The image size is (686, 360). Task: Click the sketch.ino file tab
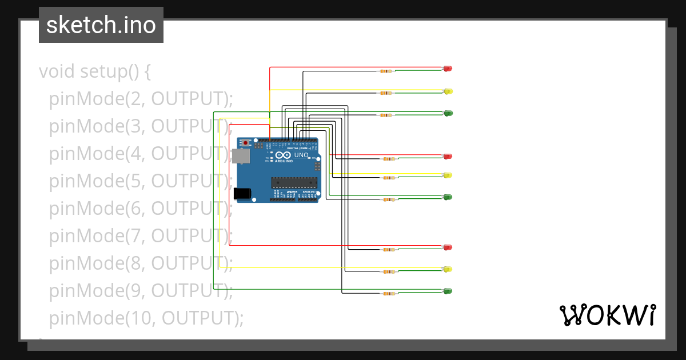tap(101, 25)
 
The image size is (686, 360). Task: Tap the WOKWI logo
tap(607, 315)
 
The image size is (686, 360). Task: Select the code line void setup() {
tap(95, 71)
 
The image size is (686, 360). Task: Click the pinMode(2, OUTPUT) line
tap(141, 99)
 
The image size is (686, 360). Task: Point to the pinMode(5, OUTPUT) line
tap(141, 181)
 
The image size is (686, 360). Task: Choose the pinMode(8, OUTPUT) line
tap(141, 263)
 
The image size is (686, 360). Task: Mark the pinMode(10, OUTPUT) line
tap(146, 318)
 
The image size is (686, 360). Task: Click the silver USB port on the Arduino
tap(242, 155)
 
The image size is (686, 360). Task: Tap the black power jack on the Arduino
tap(244, 194)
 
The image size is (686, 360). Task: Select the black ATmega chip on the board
tap(294, 182)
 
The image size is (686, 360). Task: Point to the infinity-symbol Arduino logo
tap(284, 155)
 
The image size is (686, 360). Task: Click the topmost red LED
tap(448, 69)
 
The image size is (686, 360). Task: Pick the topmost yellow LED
tap(448, 91)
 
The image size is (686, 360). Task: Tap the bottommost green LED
tap(448, 291)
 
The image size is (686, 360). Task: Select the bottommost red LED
tap(448, 247)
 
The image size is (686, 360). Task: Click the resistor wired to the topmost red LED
tap(386, 71)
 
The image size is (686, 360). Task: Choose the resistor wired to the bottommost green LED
tap(388, 294)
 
